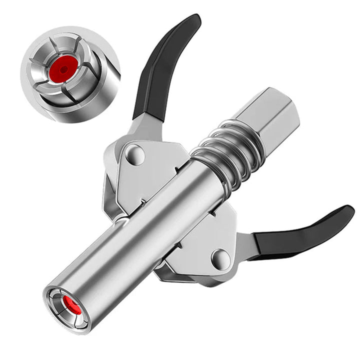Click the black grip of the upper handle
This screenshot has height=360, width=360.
coord(165,65)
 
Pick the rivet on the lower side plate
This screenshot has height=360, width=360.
coord(220,258)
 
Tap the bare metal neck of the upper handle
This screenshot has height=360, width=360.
coord(147,125)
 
